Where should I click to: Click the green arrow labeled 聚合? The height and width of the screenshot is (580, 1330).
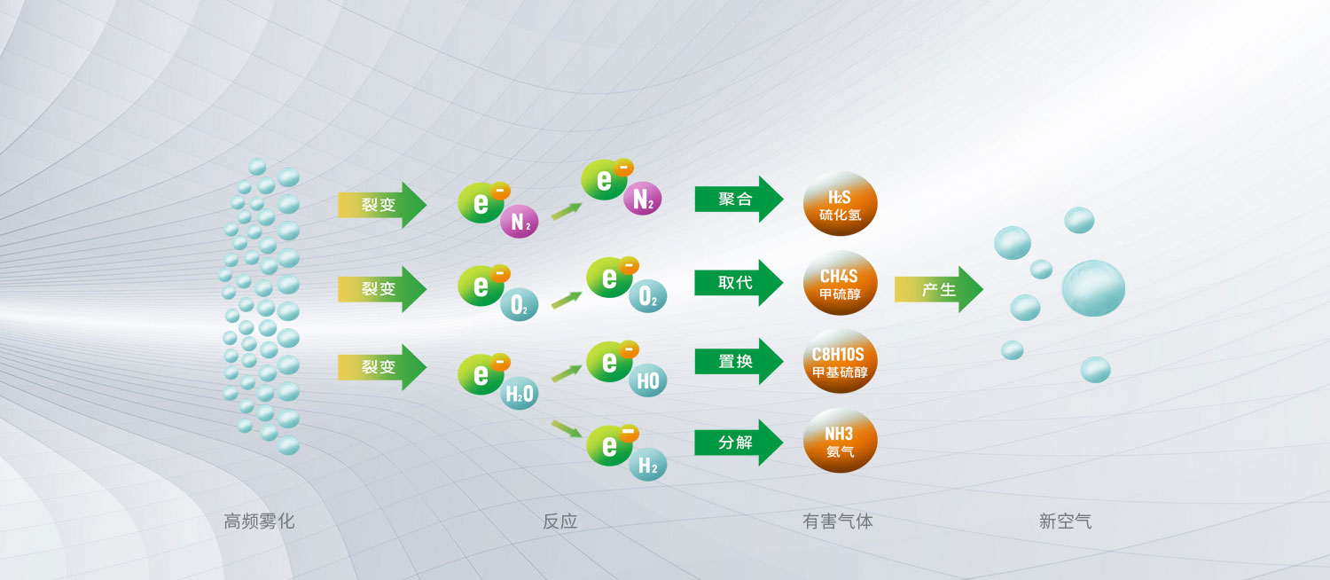[x=739, y=199]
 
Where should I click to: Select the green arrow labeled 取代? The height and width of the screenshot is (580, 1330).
[x=739, y=283]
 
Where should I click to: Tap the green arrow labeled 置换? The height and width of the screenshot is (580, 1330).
[x=739, y=362]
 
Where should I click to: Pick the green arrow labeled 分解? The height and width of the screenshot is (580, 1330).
[x=739, y=443]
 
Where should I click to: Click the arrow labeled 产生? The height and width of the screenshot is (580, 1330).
[x=939, y=289]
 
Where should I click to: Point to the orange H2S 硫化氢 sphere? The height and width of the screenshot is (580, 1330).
[x=841, y=204]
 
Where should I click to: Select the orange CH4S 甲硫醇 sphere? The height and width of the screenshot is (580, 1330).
[x=841, y=283]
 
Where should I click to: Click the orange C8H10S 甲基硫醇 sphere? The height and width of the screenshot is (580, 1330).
[x=841, y=362]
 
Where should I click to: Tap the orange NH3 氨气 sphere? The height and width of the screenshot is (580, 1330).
[x=841, y=441]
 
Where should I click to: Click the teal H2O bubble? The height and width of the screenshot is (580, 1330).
[x=520, y=393]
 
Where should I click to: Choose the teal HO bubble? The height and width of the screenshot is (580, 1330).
[x=648, y=380]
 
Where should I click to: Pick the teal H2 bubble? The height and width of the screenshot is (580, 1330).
[x=648, y=464]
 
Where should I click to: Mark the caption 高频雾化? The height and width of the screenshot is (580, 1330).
[x=259, y=521]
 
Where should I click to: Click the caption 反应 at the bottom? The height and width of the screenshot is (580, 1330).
[x=559, y=521]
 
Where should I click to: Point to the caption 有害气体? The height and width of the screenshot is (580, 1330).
[x=838, y=521]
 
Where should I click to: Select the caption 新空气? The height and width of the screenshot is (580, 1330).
[x=1065, y=521]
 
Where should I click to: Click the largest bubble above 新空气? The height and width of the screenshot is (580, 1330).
[x=1093, y=288]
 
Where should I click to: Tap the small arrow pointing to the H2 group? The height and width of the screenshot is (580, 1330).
[x=567, y=428]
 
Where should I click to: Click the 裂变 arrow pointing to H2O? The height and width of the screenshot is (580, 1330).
[x=382, y=367]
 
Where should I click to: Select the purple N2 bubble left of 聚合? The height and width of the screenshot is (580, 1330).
[x=643, y=199]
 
